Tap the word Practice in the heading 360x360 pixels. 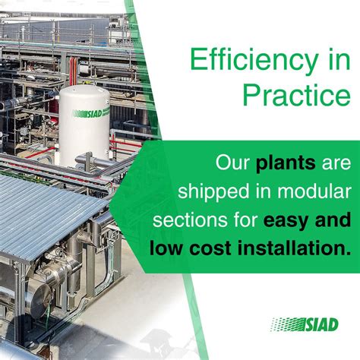tap(297, 96)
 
